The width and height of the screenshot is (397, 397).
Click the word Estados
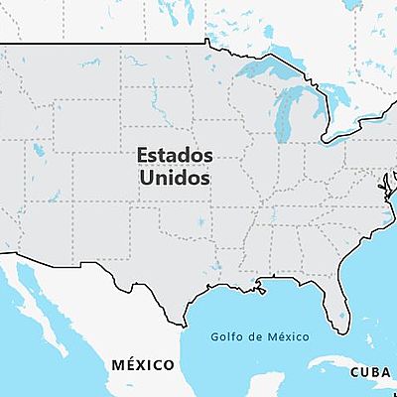174,157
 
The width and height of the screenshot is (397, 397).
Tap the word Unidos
174,181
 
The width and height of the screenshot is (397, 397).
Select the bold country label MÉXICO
143,365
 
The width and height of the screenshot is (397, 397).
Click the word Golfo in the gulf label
226,335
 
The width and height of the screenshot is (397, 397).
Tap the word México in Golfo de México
287,335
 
